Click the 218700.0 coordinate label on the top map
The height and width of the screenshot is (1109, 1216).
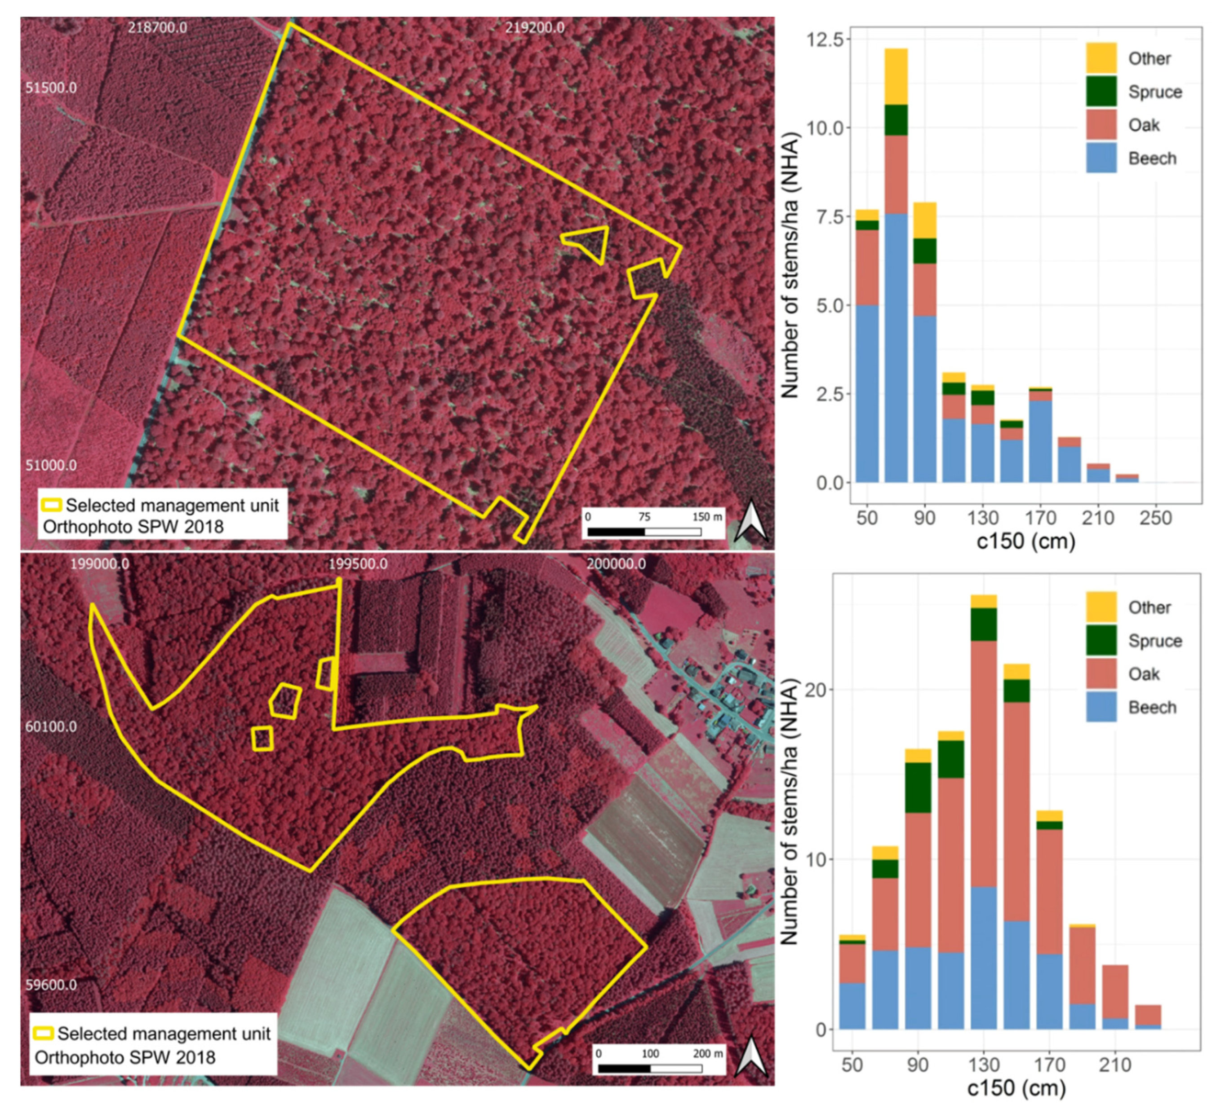click(157, 28)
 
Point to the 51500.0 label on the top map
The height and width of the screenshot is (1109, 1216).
click(51, 88)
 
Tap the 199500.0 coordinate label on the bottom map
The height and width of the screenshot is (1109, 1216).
click(358, 564)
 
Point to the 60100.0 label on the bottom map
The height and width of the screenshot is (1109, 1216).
click(51, 727)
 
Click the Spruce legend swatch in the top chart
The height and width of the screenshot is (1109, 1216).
click(1101, 92)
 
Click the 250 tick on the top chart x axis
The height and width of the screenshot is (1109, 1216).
click(1155, 518)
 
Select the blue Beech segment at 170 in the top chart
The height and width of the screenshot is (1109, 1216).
click(1040, 441)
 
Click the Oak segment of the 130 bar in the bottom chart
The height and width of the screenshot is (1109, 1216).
click(983, 763)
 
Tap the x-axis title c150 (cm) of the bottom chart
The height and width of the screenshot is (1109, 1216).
click(1016, 1088)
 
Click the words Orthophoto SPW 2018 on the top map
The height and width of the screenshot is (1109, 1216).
click(133, 527)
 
